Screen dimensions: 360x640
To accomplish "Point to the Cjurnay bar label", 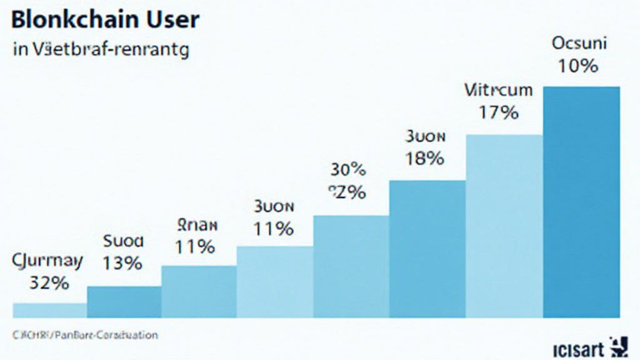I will (x=47, y=261).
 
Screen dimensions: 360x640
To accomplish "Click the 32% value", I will (x=49, y=282).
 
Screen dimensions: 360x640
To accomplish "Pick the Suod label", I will (x=122, y=241).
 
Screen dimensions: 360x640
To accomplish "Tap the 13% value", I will (x=122, y=263).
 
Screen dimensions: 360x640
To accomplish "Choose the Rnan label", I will (x=197, y=224).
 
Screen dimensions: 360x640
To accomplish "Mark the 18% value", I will (x=425, y=158).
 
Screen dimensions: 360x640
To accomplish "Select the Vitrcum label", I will (x=499, y=90).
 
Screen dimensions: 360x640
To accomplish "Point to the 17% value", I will (x=498, y=112).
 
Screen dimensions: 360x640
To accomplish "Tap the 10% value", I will (x=579, y=66).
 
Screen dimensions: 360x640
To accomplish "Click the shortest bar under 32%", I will (x=49, y=311).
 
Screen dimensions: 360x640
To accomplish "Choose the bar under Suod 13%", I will (x=124, y=302).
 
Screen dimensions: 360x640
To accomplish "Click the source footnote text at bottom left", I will (x=84, y=335).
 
